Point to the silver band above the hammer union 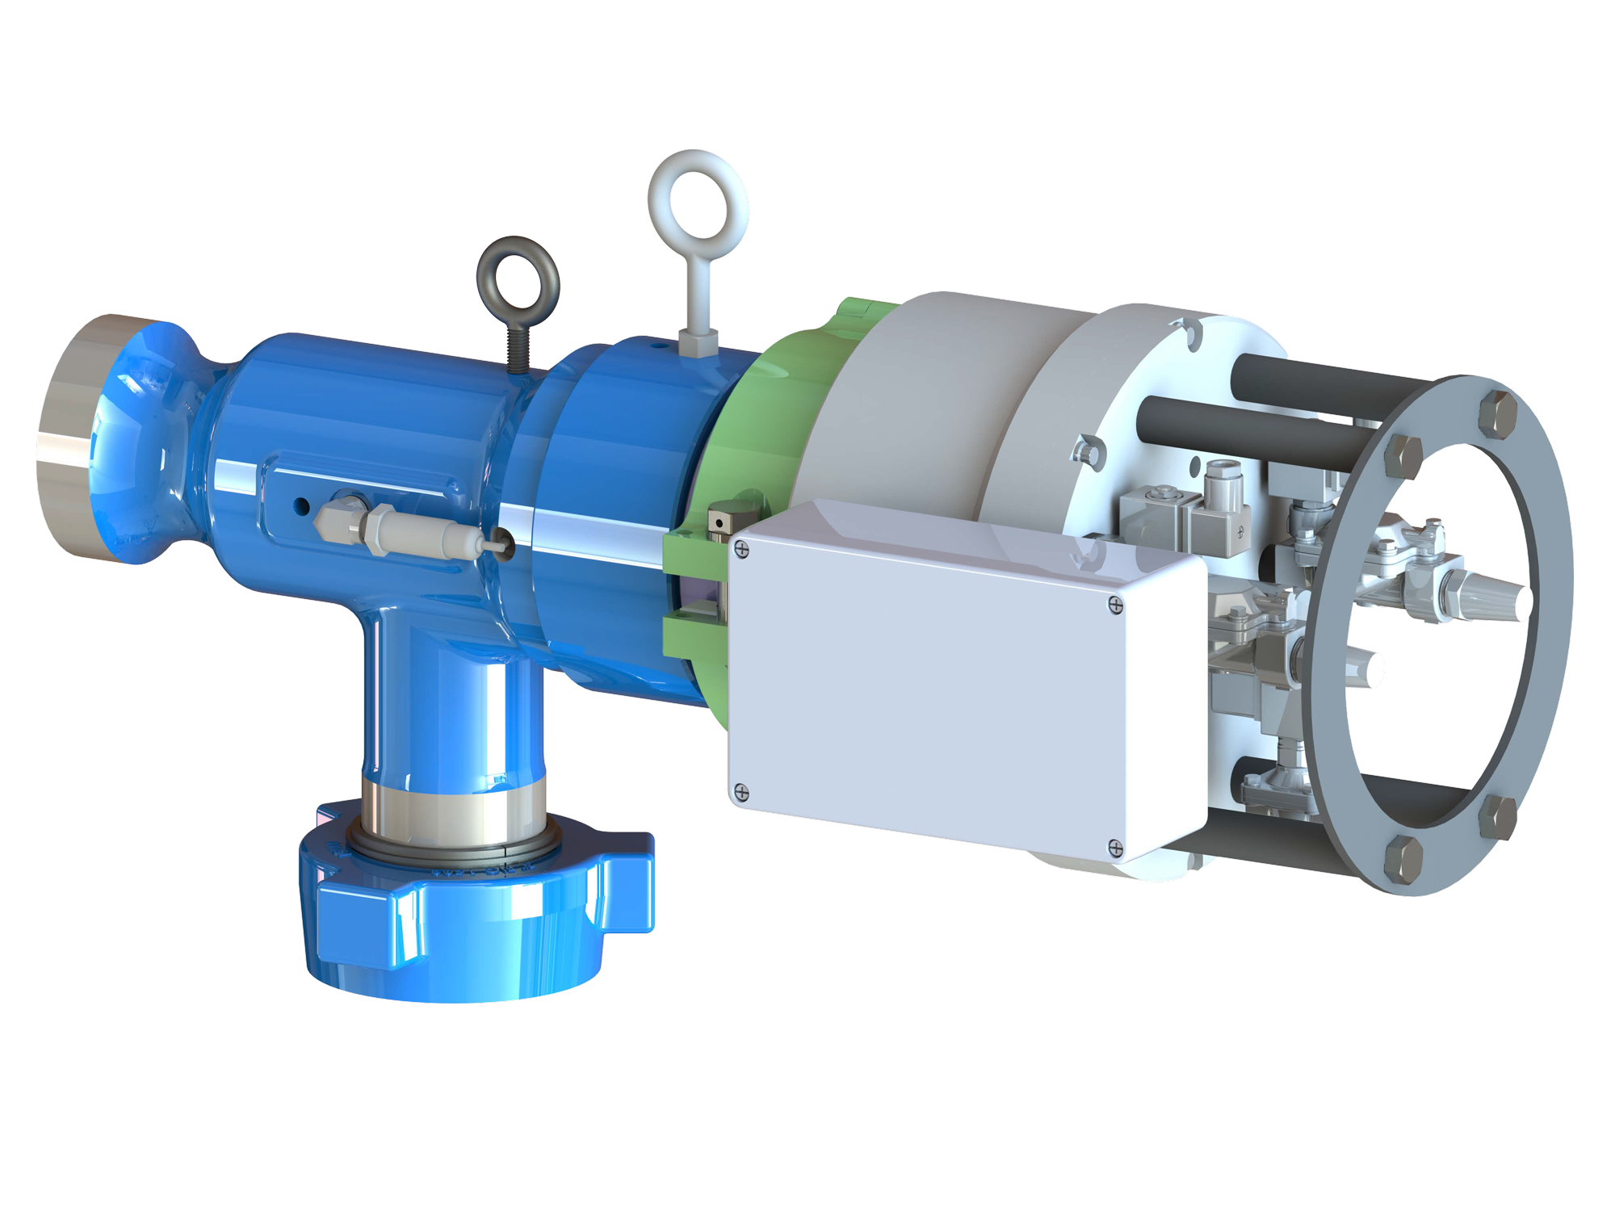coord(452,807)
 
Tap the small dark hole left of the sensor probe coord(301,507)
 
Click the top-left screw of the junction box coord(742,551)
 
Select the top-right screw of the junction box coord(1115,604)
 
